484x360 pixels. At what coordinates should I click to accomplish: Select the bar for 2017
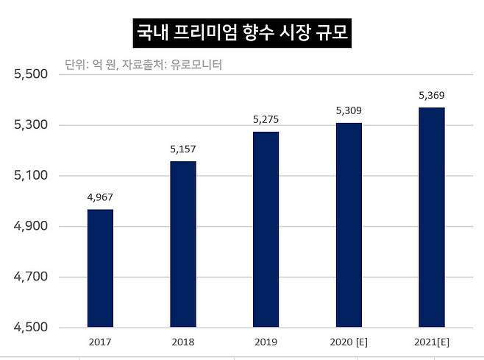coord(100,268)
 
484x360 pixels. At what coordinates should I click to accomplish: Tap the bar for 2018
coord(183,244)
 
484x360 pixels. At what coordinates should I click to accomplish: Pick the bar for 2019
coord(266,229)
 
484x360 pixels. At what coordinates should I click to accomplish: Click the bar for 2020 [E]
coord(349,225)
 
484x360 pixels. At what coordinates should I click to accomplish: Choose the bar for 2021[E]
coord(431,217)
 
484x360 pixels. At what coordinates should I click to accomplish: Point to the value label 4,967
coord(100,197)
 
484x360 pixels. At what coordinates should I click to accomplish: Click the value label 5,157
coord(183,149)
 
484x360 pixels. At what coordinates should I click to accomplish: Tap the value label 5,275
coord(266,119)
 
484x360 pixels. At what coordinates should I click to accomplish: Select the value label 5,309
coord(349,110)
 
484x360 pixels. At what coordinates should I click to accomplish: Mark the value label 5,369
coord(431,95)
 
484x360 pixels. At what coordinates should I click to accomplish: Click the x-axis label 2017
coord(100,342)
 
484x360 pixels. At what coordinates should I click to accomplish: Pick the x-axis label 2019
coord(266,342)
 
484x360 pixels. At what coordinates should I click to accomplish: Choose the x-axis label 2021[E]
coord(431,342)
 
